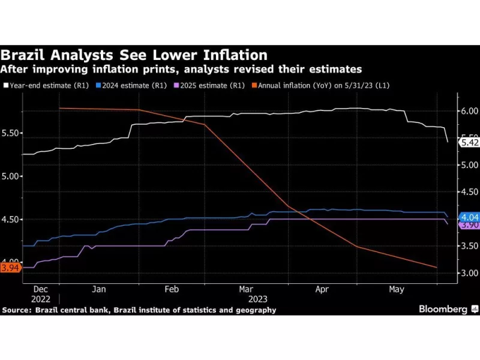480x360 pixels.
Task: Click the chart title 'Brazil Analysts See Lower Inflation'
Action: (134, 55)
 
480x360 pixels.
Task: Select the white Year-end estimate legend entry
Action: (46, 85)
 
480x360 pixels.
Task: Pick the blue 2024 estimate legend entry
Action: (131, 85)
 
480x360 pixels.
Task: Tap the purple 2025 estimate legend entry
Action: (209, 85)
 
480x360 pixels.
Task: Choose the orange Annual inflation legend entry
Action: (320, 85)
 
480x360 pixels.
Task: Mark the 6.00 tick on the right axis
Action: (470, 111)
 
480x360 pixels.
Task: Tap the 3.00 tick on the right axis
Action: (470, 273)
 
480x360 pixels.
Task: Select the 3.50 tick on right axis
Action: (470, 246)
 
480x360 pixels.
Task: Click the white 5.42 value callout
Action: (469, 142)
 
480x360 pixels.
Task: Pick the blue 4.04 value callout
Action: (469, 217)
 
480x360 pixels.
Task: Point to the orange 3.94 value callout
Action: (11, 268)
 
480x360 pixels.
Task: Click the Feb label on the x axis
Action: (172, 289)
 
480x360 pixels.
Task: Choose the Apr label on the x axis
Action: (322, 289)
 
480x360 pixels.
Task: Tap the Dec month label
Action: (40, 289)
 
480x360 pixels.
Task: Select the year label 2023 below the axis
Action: (258, 299)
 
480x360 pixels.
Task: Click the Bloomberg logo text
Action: (443, 309)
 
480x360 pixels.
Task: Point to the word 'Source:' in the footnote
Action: (17, 310)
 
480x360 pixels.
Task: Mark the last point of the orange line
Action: (437, 268)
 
